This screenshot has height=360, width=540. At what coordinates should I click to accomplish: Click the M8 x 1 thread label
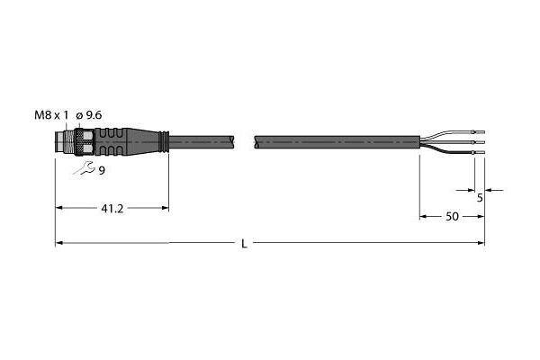coord(51,115)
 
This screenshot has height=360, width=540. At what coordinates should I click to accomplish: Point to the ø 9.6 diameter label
coord(89,115)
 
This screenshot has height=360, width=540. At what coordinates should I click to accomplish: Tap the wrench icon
coord(84,168)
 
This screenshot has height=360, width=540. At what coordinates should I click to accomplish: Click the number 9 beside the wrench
coord(102,170)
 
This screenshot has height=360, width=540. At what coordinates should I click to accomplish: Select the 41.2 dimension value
coord(112,209)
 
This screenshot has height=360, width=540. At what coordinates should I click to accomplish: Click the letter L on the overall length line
coord(244,244)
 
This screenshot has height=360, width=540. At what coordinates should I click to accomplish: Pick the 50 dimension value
coord(452,217)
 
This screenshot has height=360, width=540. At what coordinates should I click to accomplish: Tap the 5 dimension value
coord(480,198)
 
